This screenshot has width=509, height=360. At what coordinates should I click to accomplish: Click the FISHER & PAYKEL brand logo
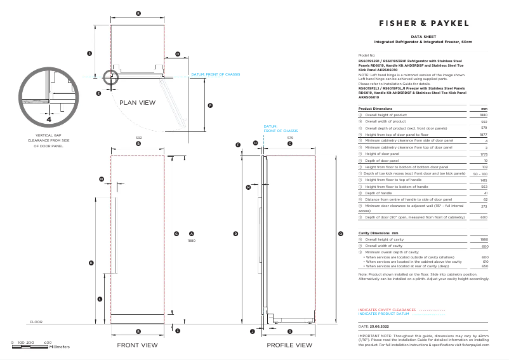tap(423, 23)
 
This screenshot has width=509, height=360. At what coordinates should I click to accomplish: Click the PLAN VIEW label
tap(138, 102)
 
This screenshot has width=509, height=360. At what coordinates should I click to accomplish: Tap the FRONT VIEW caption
tap(137, 345)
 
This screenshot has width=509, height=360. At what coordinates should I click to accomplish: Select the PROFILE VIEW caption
tap(289, 345)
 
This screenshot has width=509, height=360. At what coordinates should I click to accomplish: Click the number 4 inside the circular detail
tap(49, 119)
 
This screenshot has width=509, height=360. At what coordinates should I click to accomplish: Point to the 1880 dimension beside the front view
tap(191, 241)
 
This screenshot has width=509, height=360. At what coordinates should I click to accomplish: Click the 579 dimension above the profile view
tap(290, 137)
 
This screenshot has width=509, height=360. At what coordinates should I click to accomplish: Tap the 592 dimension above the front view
tap(138, 137)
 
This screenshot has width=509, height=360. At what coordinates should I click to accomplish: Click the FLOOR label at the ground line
tap(36, 322)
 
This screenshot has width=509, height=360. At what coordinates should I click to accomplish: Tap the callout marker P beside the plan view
tap(210, 105)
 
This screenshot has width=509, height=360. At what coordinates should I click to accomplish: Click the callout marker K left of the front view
tap(91, 262)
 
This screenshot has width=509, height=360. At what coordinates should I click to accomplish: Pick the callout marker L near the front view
tap(100, 298)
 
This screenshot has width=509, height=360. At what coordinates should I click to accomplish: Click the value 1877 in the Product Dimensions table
tap(483, 135)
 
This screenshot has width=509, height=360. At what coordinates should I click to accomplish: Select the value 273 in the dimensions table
tap(484, 206)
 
